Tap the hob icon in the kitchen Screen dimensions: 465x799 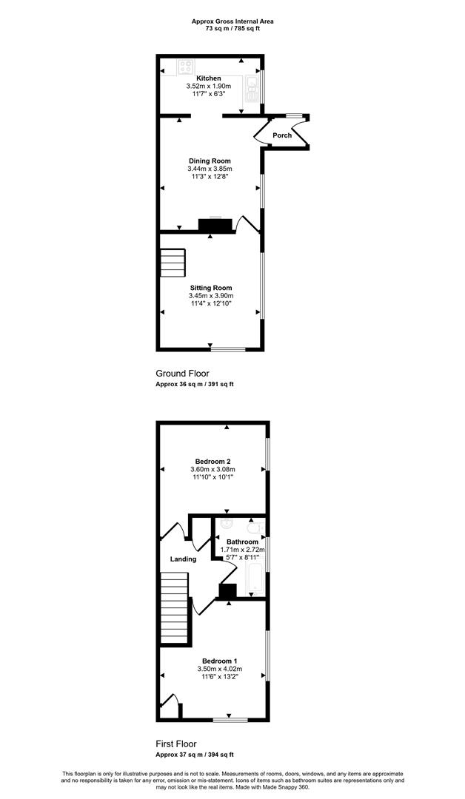point(186,67)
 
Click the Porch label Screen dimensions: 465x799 point(282,135)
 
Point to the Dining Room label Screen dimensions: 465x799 point(210,161)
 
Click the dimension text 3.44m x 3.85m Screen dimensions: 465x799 point(210,169)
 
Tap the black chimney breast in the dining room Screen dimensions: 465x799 point(215,224)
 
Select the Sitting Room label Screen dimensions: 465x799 point(211,287)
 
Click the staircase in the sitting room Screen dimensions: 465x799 point(173,263)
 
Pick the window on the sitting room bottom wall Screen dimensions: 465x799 point(228,349)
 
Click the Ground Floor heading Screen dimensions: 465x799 point(183,374)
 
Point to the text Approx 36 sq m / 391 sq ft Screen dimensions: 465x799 point(194,385)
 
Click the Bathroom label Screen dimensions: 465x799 point(242,542)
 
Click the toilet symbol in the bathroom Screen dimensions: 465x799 point(255,527)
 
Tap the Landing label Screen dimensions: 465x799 point(183,559)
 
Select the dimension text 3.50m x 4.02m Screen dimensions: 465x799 point(220,669)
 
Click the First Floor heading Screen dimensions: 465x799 point(176,744)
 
